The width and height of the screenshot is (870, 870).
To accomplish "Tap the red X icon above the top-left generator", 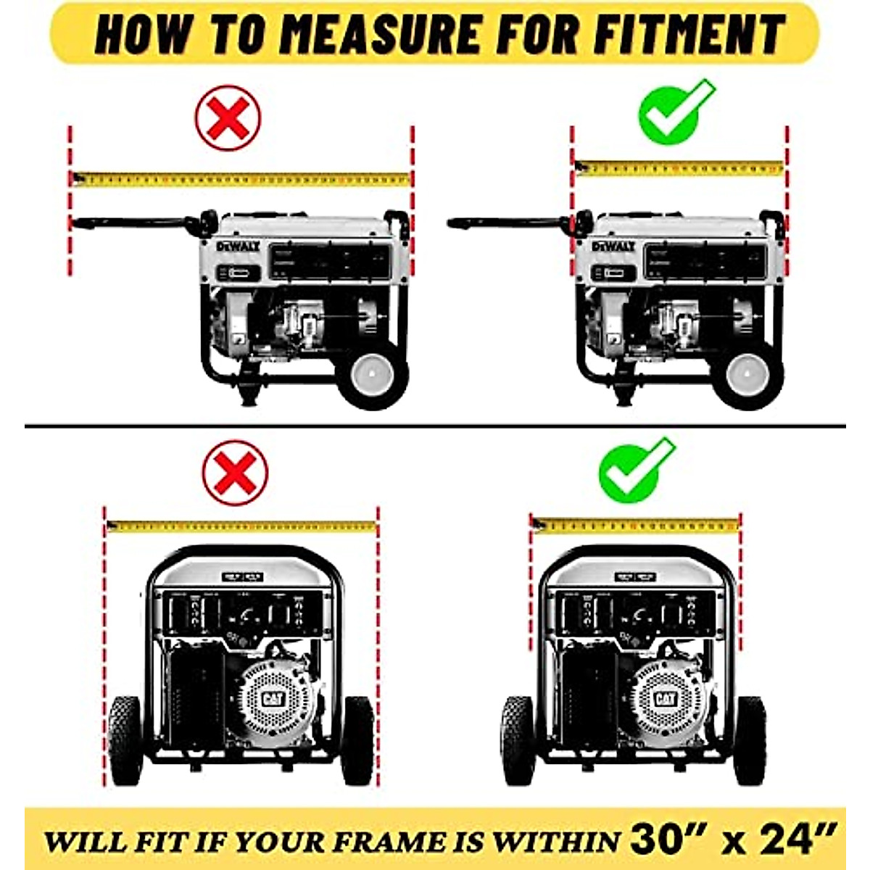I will click(228, 118).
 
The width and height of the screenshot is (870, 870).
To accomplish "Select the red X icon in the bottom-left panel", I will click(235, 473).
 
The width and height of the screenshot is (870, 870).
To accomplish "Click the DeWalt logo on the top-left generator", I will click(238, 246).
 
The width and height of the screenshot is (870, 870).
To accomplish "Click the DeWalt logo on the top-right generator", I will click(613, 246).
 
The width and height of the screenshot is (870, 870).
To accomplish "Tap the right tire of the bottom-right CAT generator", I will click(750, 739).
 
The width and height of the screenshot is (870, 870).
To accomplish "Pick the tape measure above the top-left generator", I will click(241, 178).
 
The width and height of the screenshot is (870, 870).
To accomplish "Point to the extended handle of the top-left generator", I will click(130, 220).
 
